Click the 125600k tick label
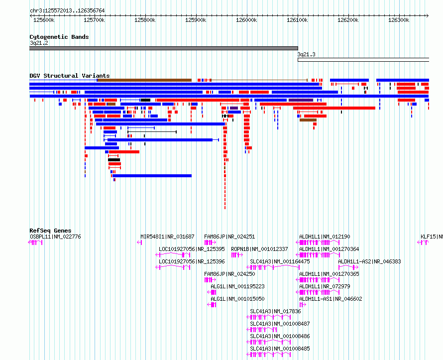[44, 20]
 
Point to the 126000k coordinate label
[246, 20]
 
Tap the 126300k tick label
[399, 20]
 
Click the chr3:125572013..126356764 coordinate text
[67, 10]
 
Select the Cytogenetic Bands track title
[59, 37]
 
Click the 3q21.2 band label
[39, 43]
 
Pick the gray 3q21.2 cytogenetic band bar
[164, 48]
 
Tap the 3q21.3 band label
[307, 54]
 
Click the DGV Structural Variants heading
[70, 76]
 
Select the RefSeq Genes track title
[50, 231]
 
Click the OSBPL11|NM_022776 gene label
[55, 237]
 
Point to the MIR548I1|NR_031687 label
[168, 237]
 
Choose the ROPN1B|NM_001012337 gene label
[259, 249]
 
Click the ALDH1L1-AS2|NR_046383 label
[369, 261]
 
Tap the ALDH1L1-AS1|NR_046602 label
[331, 299]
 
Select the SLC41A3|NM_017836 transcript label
[275, 311]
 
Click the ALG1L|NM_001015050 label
[237, 299]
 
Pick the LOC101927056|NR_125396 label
[192, 261]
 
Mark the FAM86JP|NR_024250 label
[229, 274]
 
